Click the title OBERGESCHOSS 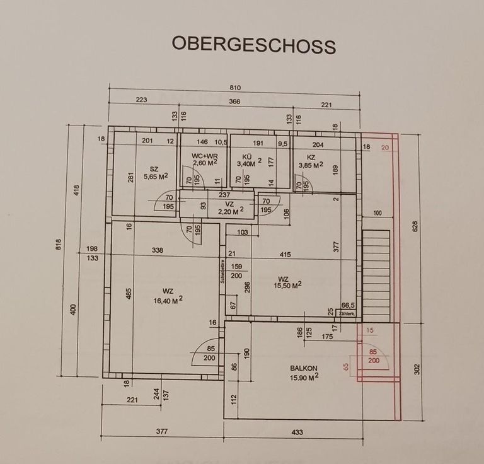coord(253,45)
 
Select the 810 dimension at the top coord(235,88)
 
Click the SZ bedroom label coord(153,168)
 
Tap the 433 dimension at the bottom coord(293,432)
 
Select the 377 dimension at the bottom coord(161,432)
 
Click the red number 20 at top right coord(385,147)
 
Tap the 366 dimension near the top coord(235,101)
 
